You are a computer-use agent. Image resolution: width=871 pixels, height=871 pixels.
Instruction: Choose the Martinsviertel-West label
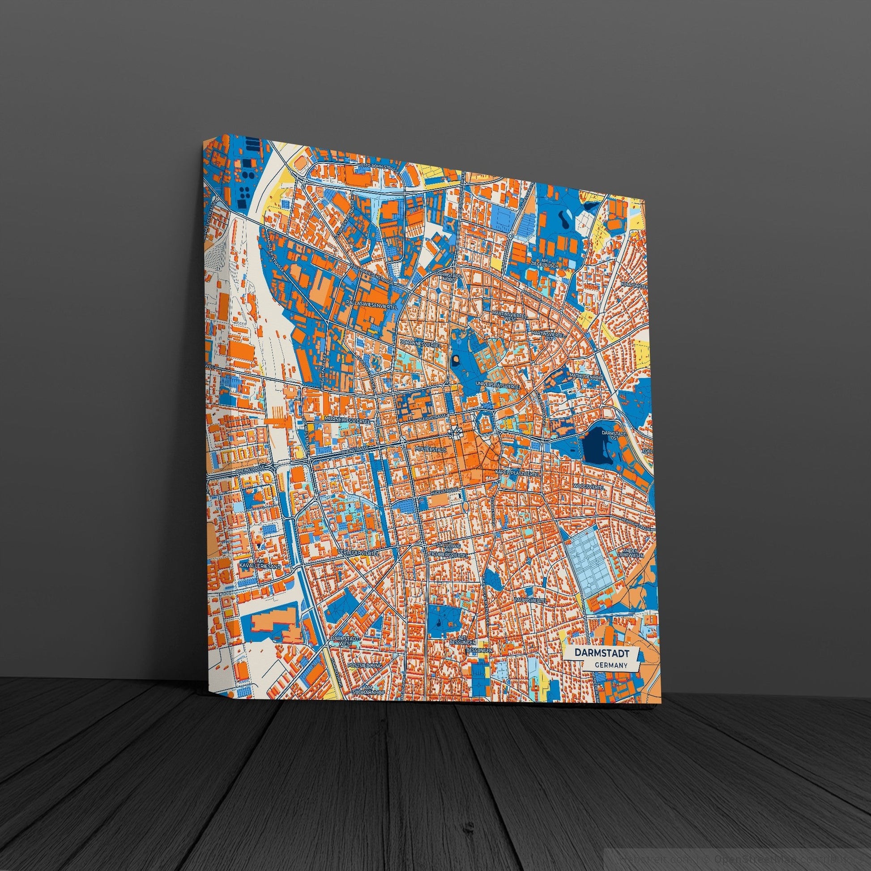click(509, 317)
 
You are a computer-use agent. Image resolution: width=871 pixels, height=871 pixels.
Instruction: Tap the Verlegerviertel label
click(359, 553)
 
